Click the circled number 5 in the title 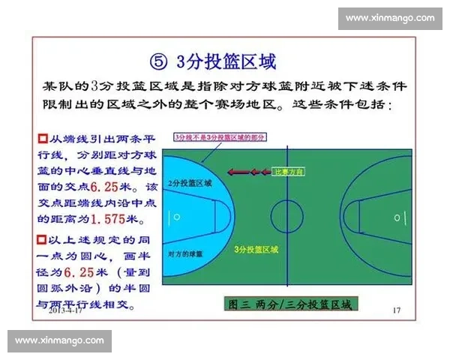[x=157, y=60]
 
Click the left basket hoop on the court [x=177, y=217]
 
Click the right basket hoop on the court [x=398, y=217]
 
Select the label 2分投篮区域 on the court [x=190, y=183]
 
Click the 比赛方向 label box [x=288, y=172]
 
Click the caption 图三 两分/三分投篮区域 [x=288, y=304]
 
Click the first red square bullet [x=42, y=139]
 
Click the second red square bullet [x=42, y=239]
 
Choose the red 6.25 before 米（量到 [x=77, y=271]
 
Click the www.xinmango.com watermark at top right [x=390, y=18]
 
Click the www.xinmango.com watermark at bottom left [x=60, y=340]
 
